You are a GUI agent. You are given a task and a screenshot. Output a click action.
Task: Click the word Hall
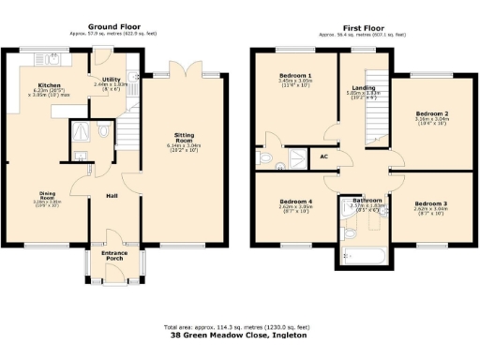[x=111, y=196]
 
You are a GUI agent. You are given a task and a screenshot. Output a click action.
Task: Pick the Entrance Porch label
[x=115, y=259]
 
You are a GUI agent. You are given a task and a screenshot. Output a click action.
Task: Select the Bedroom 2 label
[x=432, y=114]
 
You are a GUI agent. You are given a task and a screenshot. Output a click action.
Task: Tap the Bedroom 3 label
[x=431, y=202]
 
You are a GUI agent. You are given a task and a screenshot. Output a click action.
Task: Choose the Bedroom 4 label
[x=295, y=202]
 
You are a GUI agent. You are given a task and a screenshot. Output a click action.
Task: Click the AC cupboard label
[x=323, y=157]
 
